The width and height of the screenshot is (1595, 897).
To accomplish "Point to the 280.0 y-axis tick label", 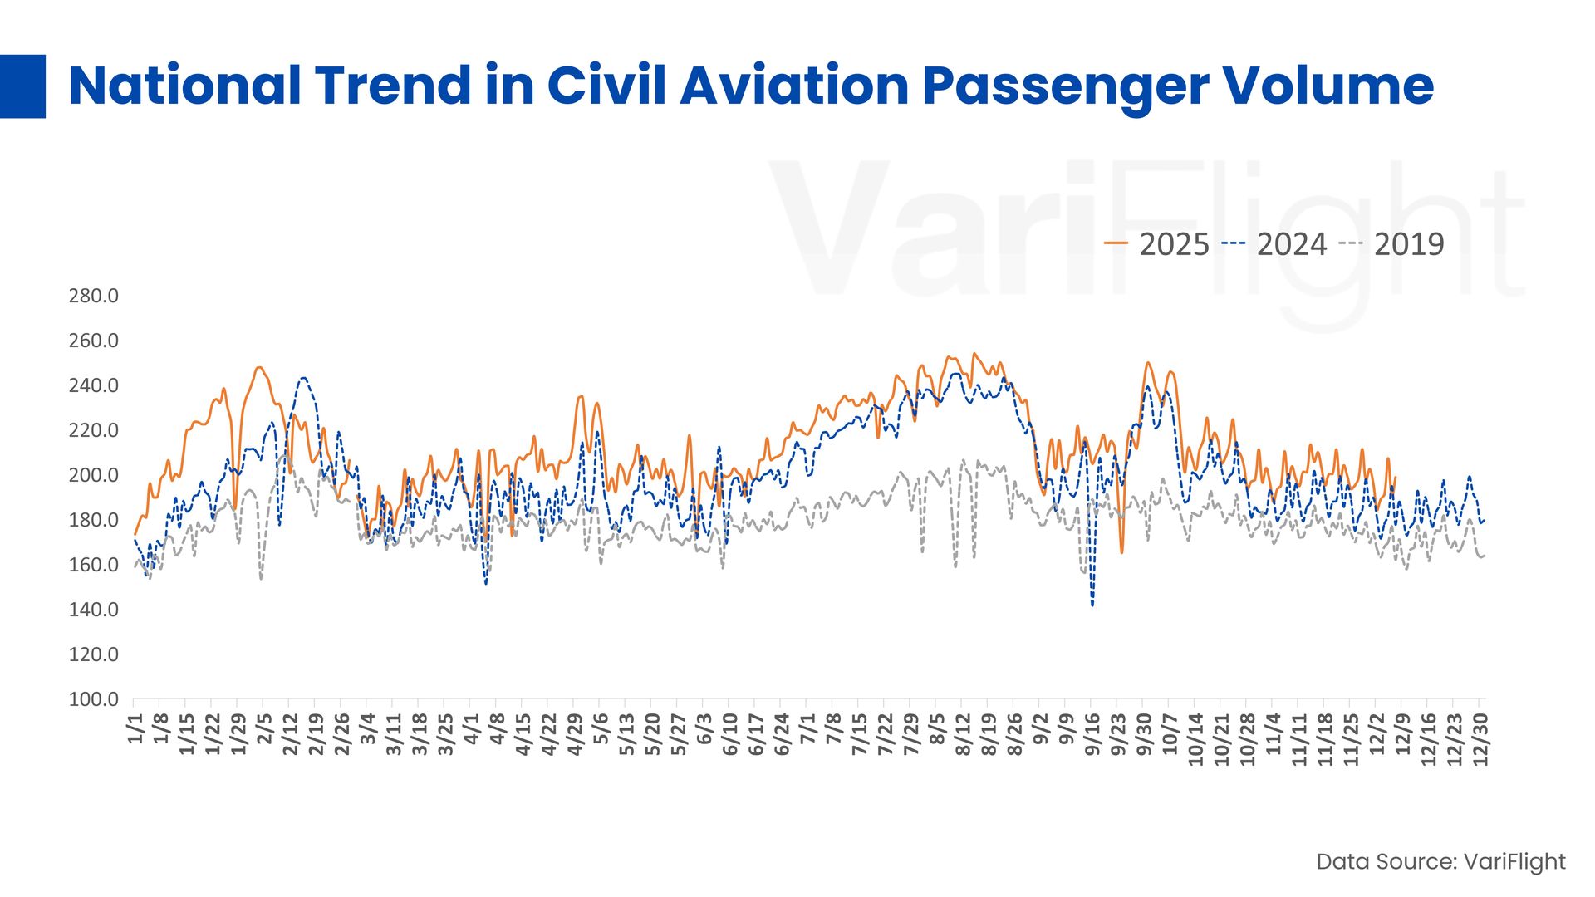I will [93, 296].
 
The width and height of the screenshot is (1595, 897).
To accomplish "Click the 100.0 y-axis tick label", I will [93, 699].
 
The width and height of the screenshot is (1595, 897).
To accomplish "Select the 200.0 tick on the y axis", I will [93, 475].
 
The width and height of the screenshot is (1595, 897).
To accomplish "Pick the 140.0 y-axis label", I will [93, 610].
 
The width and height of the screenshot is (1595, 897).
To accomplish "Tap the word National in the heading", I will [184, 86].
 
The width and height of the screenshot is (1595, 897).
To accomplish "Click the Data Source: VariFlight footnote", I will [1440, 862].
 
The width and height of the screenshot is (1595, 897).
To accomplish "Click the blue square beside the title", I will [22, 86].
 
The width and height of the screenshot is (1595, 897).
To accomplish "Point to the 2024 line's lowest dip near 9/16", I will [1092, 605].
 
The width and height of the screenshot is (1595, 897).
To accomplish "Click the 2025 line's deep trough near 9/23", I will [1121, 552].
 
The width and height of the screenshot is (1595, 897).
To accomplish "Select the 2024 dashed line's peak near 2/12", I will [304, 378].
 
